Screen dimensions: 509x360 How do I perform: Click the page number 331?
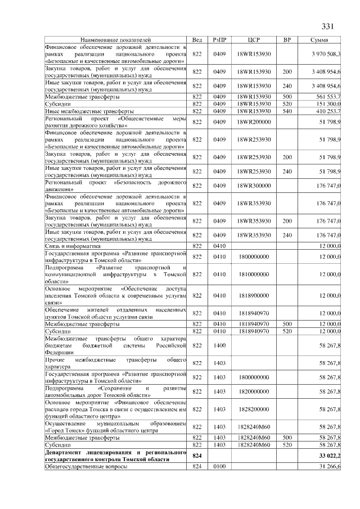328,26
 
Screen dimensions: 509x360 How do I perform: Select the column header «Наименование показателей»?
115,40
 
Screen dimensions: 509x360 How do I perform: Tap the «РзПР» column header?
219,40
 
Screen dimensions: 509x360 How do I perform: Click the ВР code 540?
287,111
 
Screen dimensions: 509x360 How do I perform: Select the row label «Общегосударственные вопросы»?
84,466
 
